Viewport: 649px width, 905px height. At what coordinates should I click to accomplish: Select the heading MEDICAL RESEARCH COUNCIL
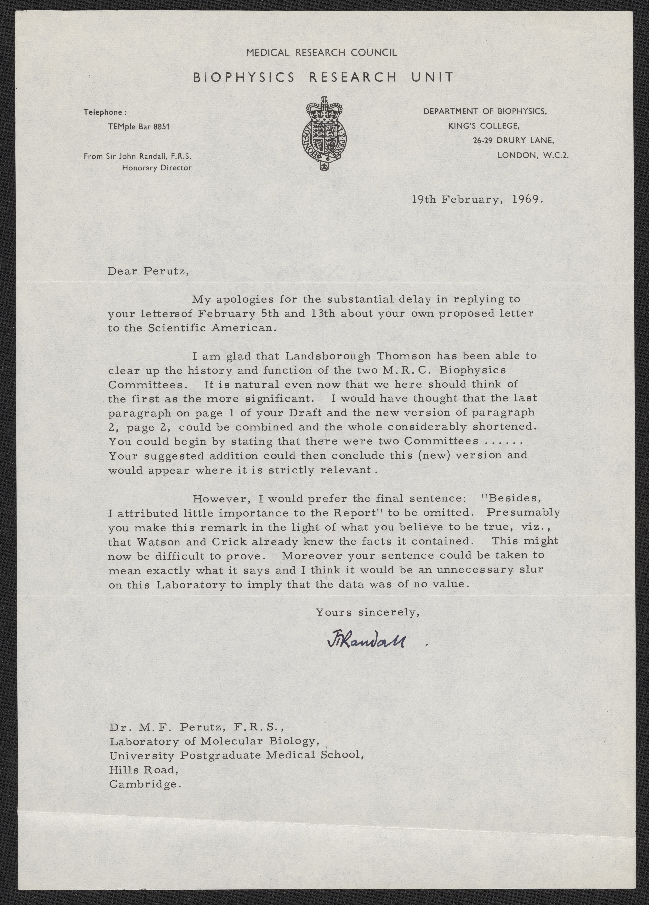322,52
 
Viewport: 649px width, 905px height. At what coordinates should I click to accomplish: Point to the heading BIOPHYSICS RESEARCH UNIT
323,77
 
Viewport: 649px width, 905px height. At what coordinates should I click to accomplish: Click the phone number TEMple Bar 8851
138,127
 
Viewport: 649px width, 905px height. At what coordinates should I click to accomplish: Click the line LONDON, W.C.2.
533,155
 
